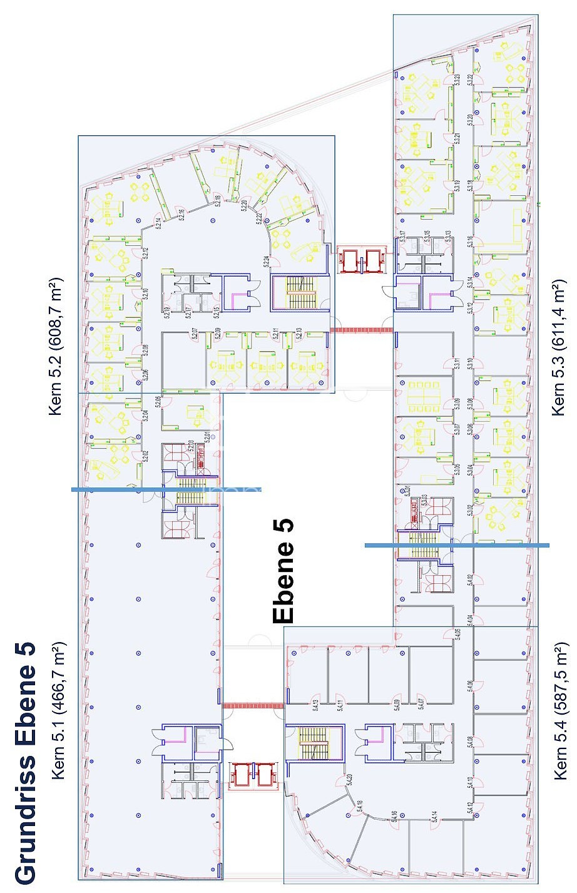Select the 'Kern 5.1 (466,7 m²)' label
[x=59, y=710]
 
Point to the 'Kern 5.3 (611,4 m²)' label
[x=557, y=348]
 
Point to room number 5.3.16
[x=470, y=242]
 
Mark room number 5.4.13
[x=317, y=706]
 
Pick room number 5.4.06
[x=469, y=687]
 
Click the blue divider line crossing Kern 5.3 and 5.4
[x=457, y=545]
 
